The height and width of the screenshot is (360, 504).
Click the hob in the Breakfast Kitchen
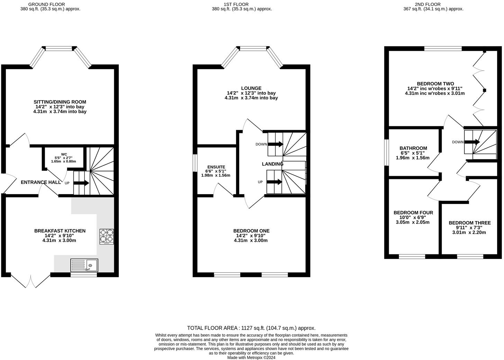pyautogui.click(x=107, y=236)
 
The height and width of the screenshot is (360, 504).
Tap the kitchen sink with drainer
pyautogui.click(x=84, y=265)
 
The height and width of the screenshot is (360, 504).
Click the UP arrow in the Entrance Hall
pyautogui.click(x=81, y=183)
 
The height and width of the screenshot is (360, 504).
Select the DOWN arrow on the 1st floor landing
pyautogui.click(x=276, y=144)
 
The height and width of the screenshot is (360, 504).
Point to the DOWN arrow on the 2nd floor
pyautogui.click(x=472, y=142)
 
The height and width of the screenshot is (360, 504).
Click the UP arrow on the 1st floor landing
pyautogui.click(x=274, y=182)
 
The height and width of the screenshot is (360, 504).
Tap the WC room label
pyautogui.click(x=64, y=154)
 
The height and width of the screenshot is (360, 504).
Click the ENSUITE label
pyautogui.click(x=216, y=167)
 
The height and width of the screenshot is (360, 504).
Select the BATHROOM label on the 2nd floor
pyautogui.click(x=413, y=148)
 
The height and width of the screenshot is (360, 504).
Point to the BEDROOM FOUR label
pyautogui.click(x=413, y=213)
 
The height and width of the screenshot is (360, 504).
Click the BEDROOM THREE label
pyautogui.click(x=470, y=223)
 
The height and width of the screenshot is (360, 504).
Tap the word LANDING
pyautogui.click(x=272, y=164)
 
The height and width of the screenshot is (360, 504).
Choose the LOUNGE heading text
pyautogui.click(x=251, y=88)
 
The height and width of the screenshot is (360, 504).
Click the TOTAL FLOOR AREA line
pyautogui.click(x=251, y=328)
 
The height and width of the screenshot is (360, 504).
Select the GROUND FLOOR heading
pyautogui.click(x=47, y=4)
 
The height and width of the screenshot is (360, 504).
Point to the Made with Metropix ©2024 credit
pyautogui.click(x=251, y=358)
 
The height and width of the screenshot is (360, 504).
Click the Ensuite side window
pyautogui.click(x=195, y=163)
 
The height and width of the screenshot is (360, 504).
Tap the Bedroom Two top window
pyautogui.click(x=443, y=48)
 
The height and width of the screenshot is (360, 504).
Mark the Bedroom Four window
pyautogui.click(x=412, y=256)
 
